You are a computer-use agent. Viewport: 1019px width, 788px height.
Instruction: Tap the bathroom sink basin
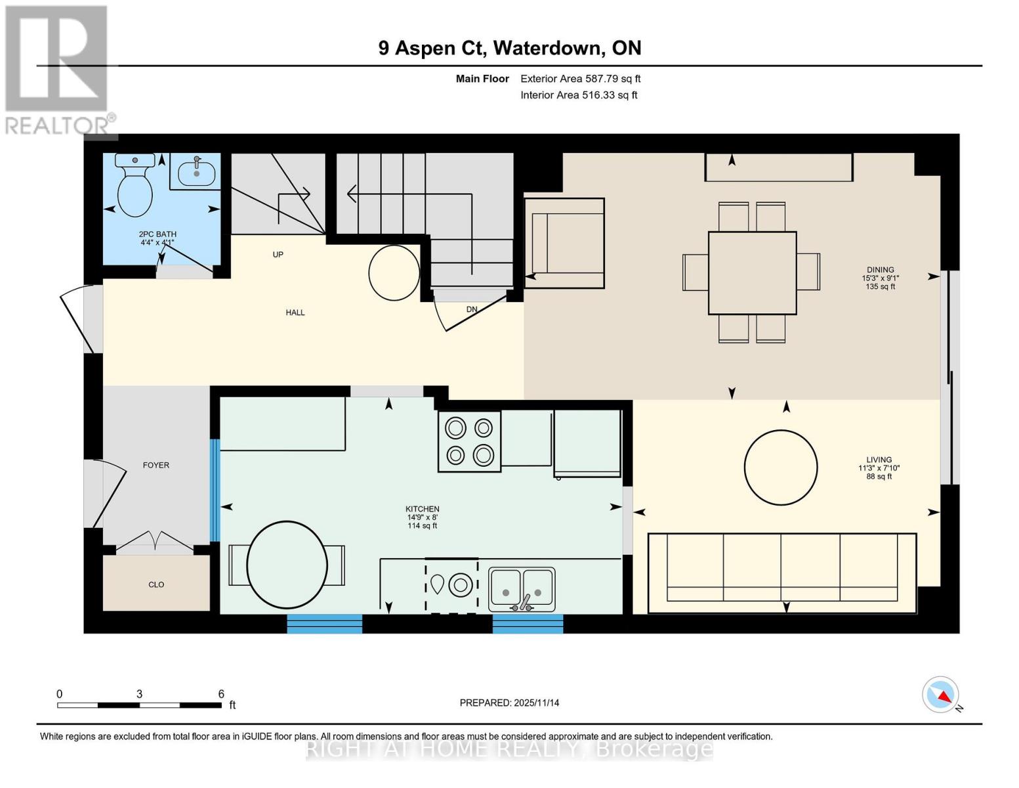point(196,173)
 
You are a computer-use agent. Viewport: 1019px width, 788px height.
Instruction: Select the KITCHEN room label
point(422,509)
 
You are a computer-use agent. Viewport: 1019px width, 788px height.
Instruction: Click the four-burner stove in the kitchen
point(469,441)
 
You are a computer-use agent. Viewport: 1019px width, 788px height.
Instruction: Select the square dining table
point(752,273)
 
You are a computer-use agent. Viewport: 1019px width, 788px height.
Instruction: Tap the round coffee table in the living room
point(780,468)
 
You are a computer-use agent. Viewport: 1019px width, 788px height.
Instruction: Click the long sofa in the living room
point(781,572)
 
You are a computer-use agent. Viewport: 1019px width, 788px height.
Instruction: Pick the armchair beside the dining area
point(564,243)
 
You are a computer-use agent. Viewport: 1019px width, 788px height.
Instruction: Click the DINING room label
point(879,269)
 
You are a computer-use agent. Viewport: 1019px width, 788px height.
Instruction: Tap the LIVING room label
point(879,460)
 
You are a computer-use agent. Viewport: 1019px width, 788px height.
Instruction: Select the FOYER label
point(156,465)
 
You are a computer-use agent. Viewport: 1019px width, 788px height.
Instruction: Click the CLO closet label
point(156,584)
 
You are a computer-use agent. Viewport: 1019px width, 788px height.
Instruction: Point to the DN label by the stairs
point(472,309)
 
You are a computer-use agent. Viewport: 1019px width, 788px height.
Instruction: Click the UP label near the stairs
point(278,254)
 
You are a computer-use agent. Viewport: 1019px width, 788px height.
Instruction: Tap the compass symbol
point(941,695)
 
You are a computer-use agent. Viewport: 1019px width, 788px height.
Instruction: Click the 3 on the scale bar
point(139,693)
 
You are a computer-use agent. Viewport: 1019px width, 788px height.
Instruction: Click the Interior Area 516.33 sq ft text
point(579,95)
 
